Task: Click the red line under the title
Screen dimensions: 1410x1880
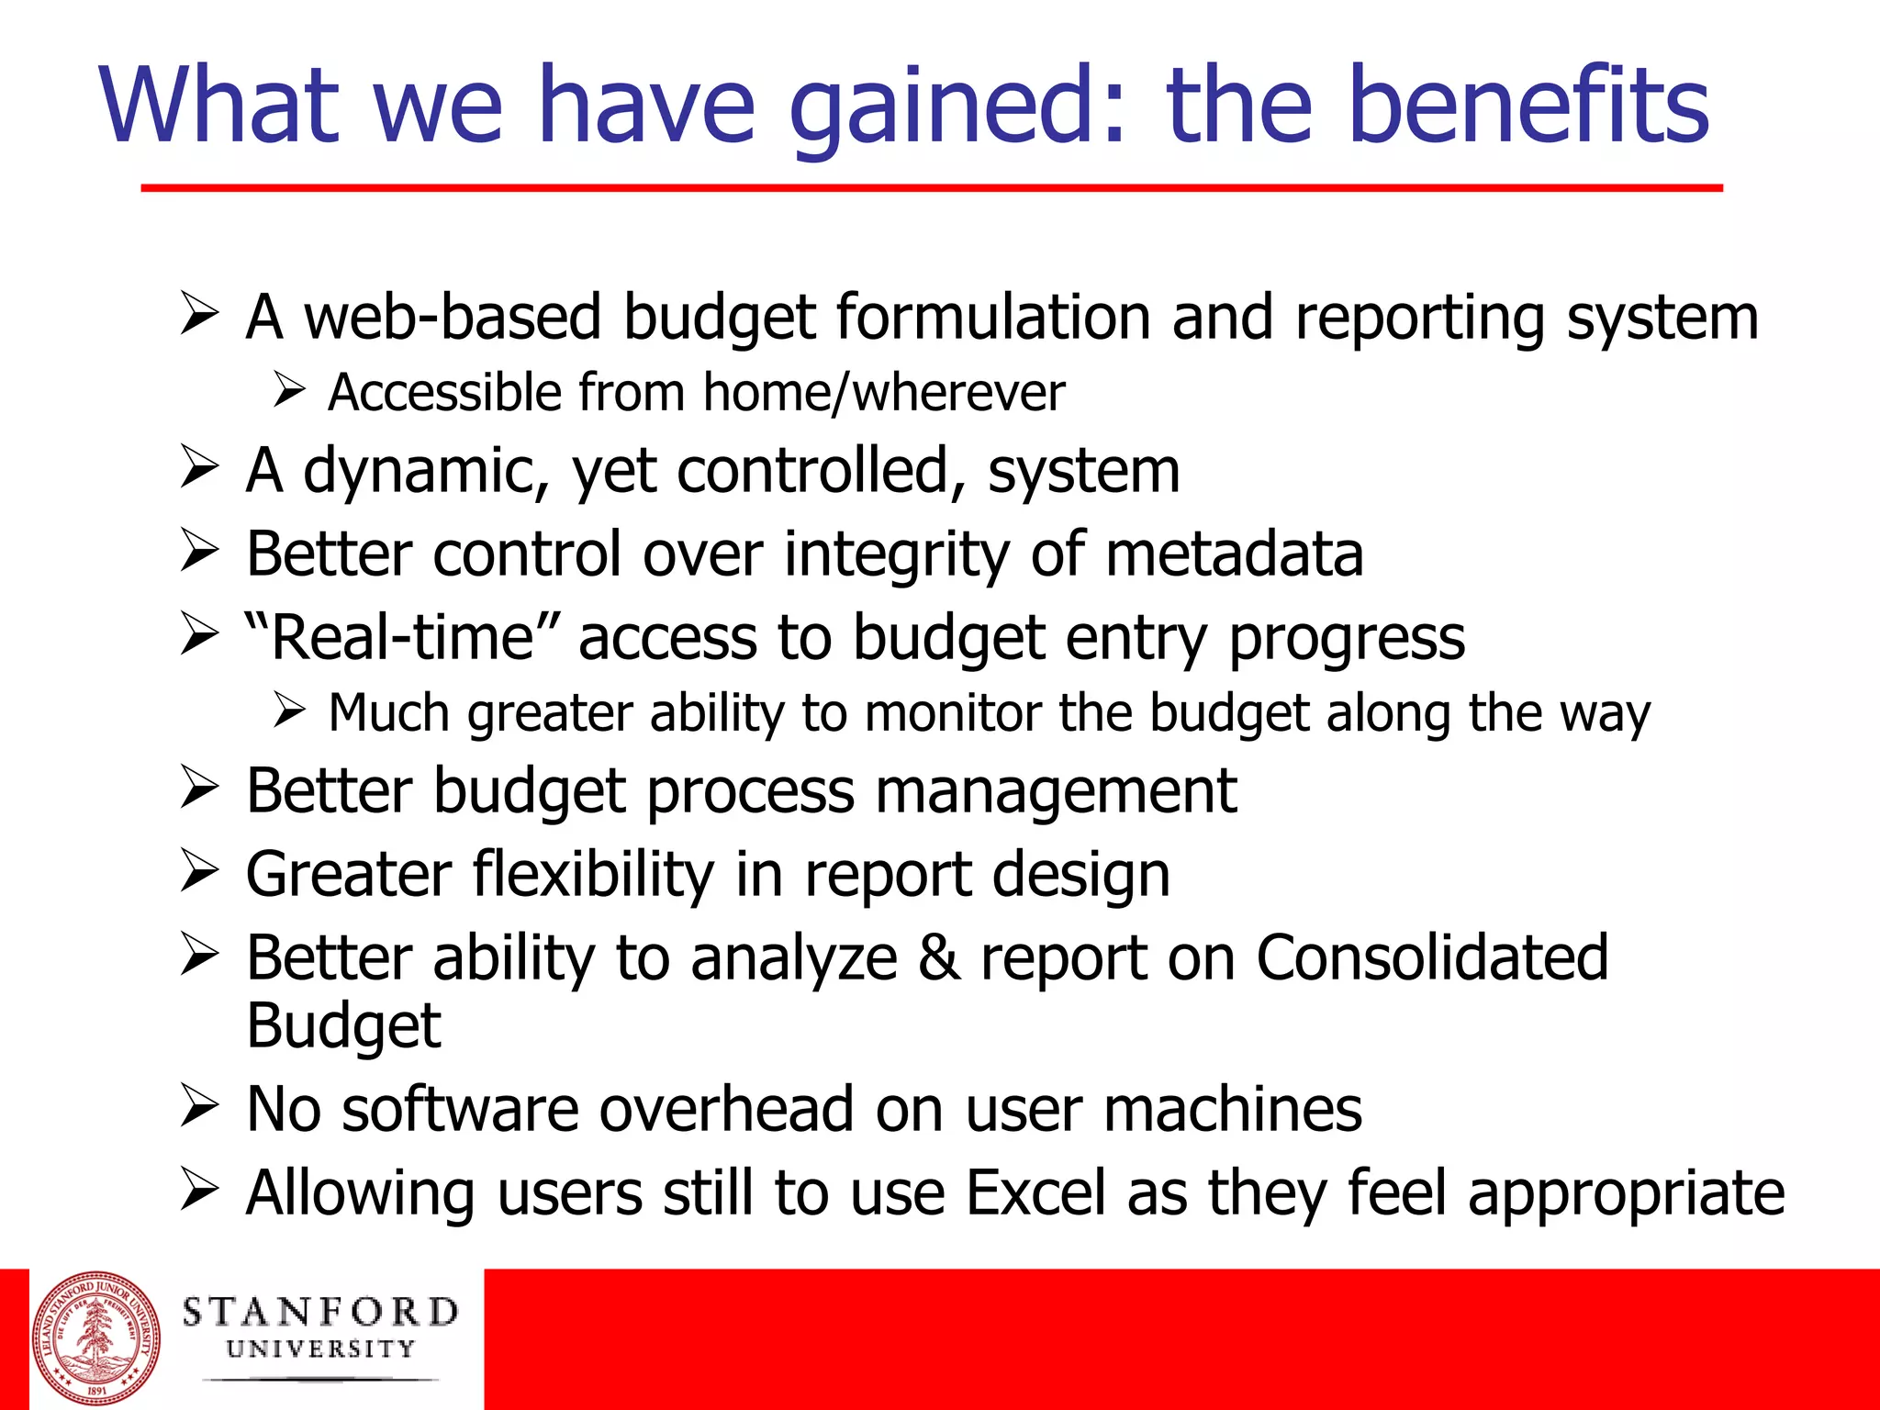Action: (x=931, y=188)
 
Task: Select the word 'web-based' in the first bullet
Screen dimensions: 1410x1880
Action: (x=452, y=318)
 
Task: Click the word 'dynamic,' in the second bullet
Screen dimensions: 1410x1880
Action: (x=426, y=472)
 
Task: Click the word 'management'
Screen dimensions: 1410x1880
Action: (x=1056, y=791)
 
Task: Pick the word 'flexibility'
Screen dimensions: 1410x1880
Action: (x=593, y=874)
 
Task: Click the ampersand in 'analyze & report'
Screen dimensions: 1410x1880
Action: (x=938, y=958)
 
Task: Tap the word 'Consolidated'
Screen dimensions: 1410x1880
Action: (x=1431, y=958)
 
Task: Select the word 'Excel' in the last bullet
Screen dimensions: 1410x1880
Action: (x=1036, y=1193)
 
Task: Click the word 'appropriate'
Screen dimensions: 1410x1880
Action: (x=1626, y=1193)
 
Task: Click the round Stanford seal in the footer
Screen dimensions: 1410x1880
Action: (x=96, y=1338)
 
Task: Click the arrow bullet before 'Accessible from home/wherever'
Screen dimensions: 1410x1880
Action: (x=288, y=392)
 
